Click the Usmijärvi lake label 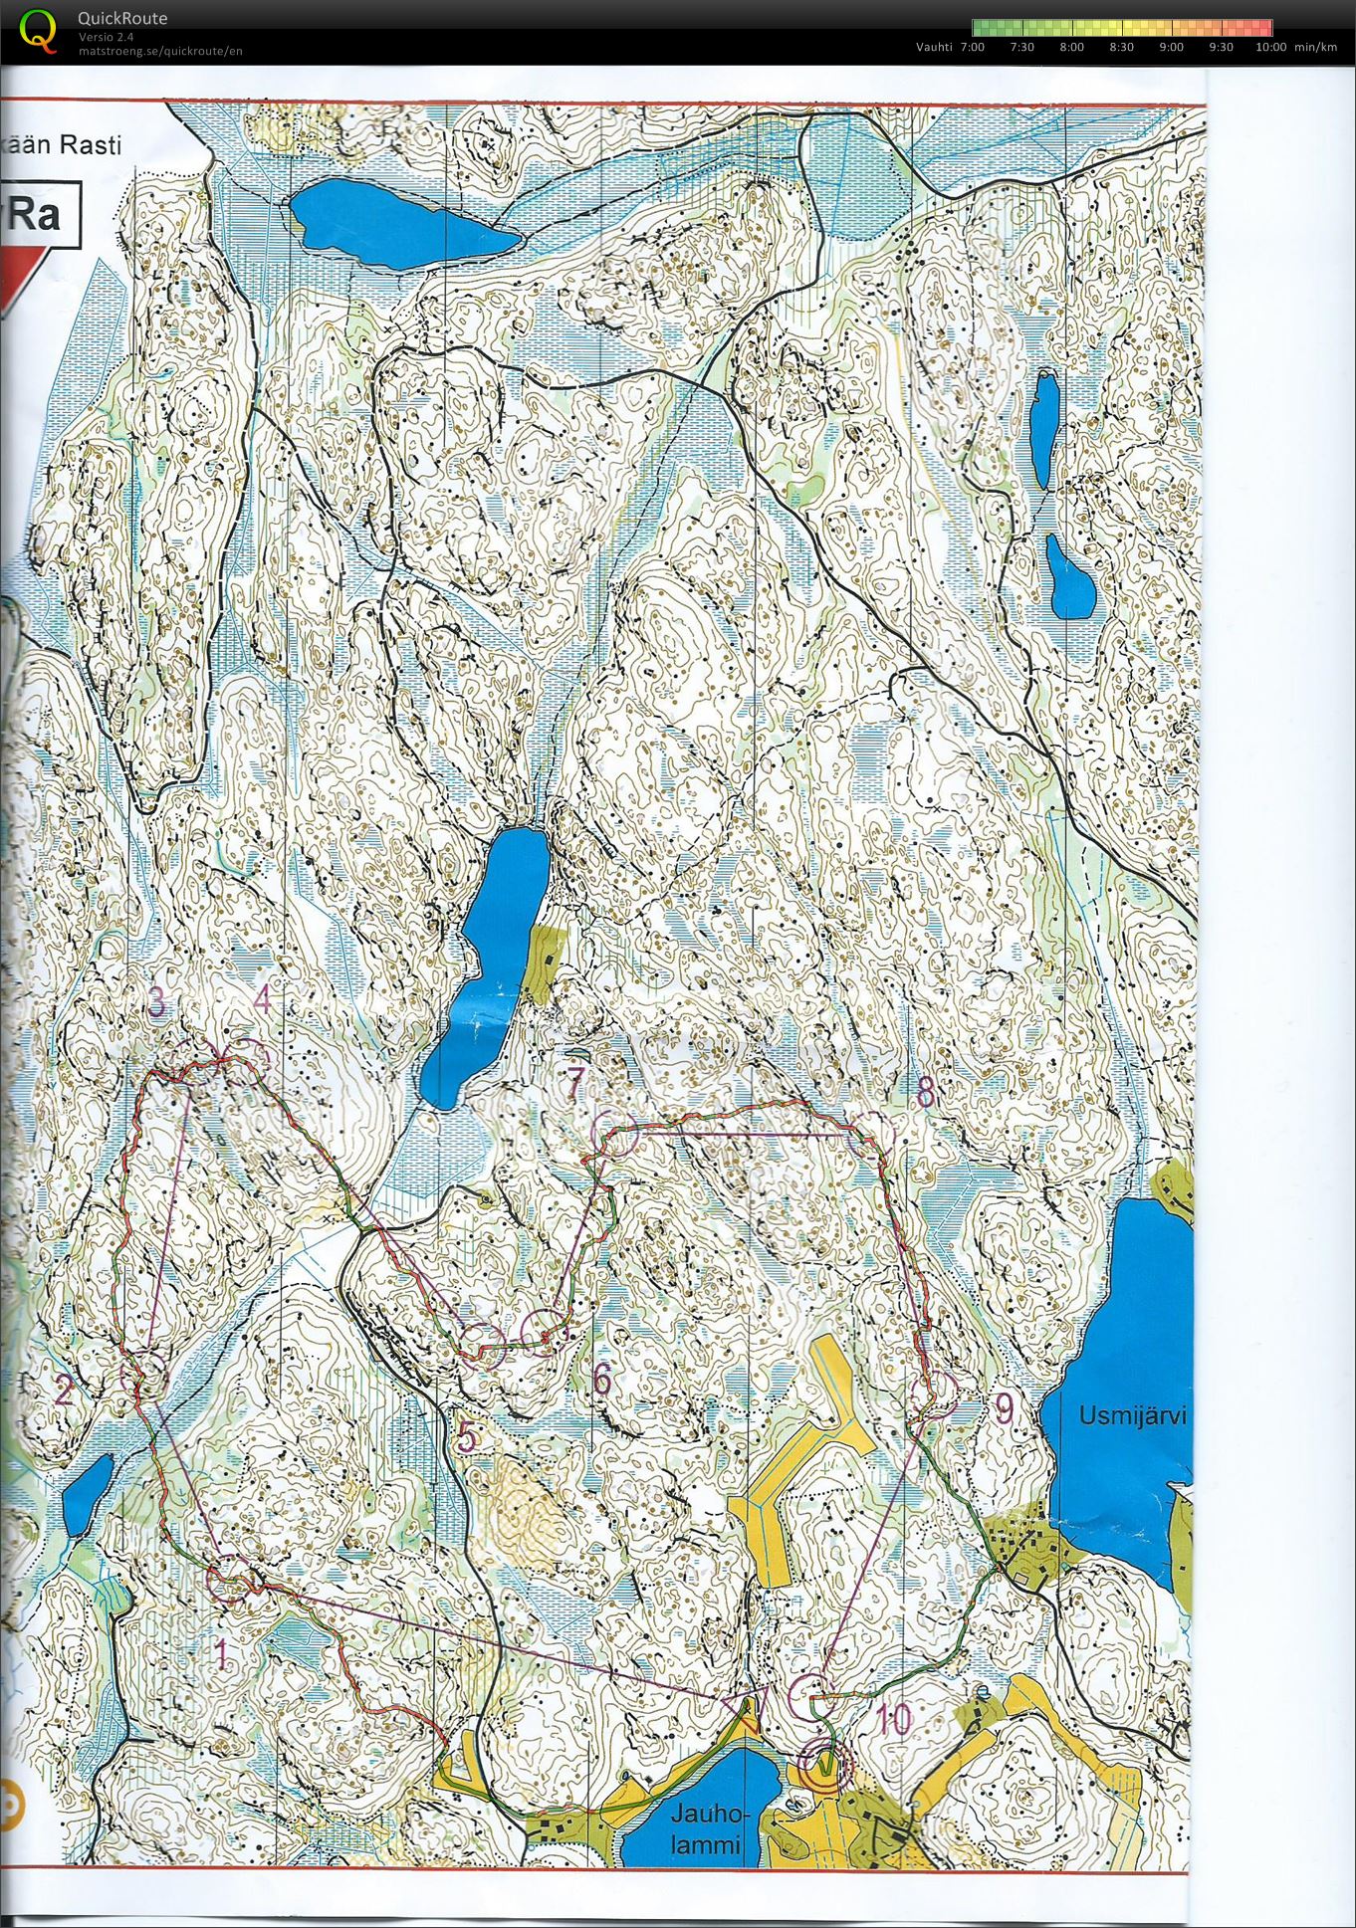coord(1133,1414)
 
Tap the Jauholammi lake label coord(707,1830)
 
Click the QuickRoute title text coord(122,18)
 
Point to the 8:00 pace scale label coord(1071,47)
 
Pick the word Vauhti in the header coord(935,47)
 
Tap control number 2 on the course coord(63,1389)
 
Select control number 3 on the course coord(156,1002)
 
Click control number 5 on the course coord(467,1436)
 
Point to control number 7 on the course coord(572,1084)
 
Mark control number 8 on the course coord(925,1093)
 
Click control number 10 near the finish coord(895,1719)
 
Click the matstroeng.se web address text coord(159,51)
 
